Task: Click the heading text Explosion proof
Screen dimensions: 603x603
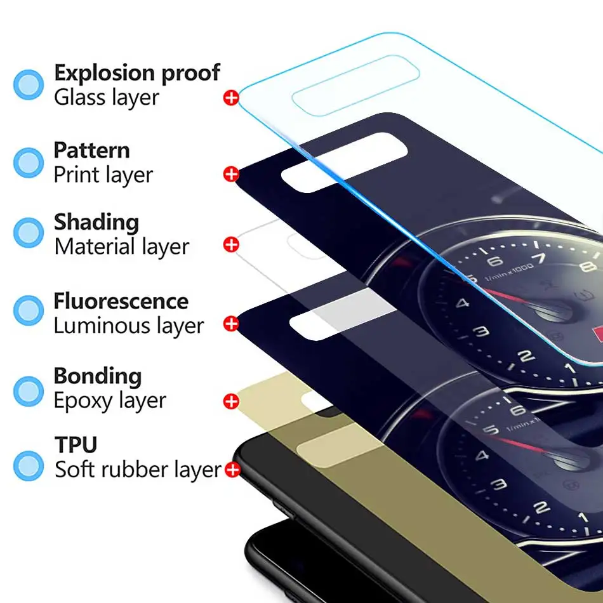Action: [137, 73]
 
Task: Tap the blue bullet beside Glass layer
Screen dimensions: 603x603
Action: [29, 84]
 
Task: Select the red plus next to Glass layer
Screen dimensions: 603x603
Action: [231, 98]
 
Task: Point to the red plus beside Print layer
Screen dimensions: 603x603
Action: [231, 174]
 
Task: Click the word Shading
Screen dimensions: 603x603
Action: [96, 223]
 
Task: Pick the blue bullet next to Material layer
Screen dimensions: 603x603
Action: [29, 233]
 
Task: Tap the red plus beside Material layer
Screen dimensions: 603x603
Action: [231, 244]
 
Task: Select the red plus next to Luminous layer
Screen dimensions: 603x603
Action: [231, 324]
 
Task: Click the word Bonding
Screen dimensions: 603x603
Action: [98, 376]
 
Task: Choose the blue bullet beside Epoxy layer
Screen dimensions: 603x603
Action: [29, 391]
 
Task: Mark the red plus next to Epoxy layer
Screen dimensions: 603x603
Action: [231, 401]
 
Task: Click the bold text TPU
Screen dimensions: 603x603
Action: [76, 445]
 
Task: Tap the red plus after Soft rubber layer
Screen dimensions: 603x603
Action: [232, 470]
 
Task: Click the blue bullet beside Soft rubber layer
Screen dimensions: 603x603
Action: [29, 466]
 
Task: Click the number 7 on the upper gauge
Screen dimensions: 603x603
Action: [541, 258]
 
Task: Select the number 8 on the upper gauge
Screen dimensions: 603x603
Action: [588, 266]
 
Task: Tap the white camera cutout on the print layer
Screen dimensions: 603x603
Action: [344, 162]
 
